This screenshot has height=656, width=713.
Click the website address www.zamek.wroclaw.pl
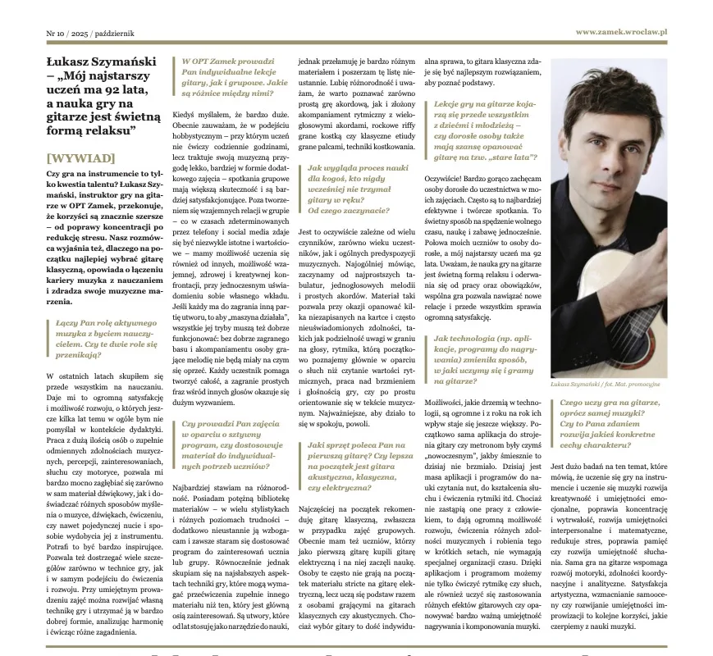620,32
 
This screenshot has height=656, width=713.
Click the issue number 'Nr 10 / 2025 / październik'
90,34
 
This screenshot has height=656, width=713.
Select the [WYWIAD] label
80,157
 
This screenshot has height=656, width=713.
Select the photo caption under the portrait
606,384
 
